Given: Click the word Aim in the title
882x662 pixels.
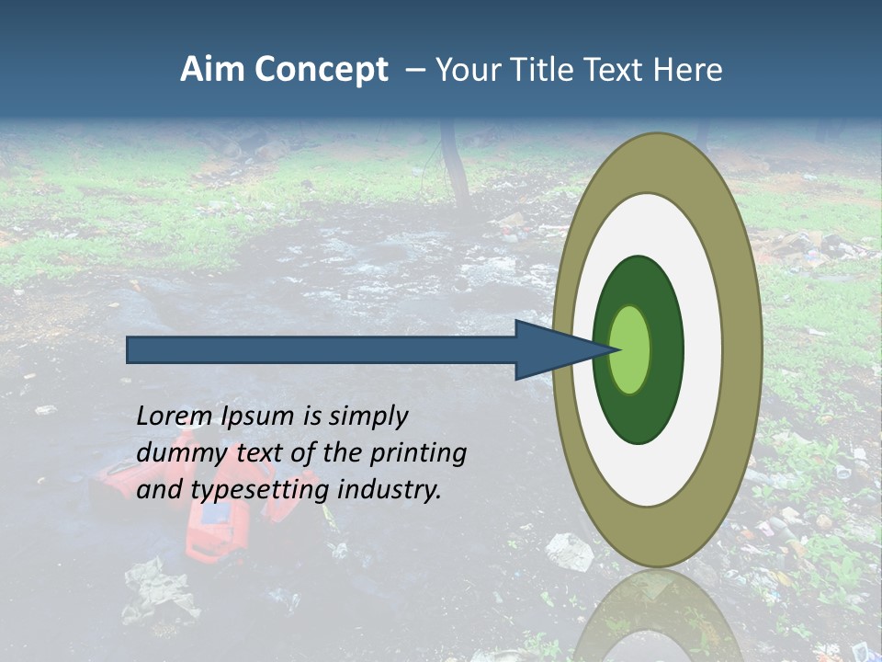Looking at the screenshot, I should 213,70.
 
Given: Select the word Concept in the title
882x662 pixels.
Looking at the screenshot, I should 321,70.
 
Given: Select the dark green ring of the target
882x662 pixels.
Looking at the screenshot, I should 639,414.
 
